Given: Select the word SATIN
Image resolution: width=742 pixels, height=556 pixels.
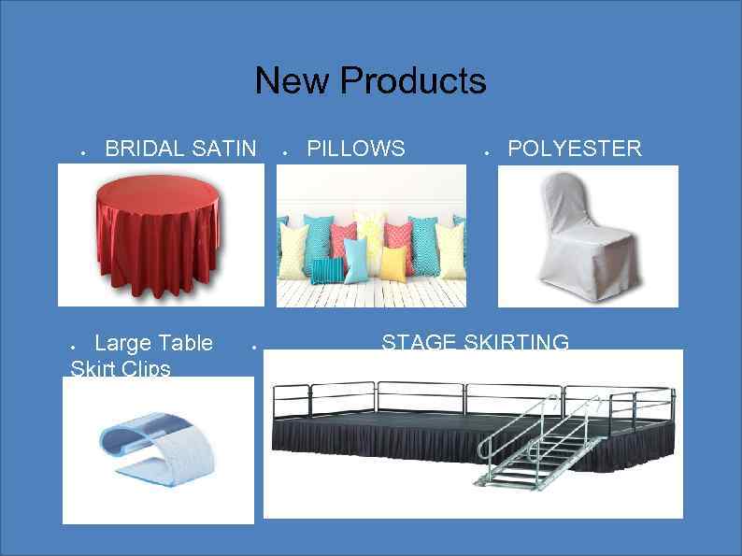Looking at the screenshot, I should [x=223, y=149].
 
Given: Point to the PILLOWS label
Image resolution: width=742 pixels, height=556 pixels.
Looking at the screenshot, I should [x=356, y=149].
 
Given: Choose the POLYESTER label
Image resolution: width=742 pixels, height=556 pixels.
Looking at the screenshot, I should [x=575, y=149].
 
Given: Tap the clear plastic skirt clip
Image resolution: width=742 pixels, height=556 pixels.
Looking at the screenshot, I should [x=155, y=449].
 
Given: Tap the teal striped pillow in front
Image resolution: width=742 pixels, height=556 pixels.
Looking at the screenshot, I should [x=326, y=269].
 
